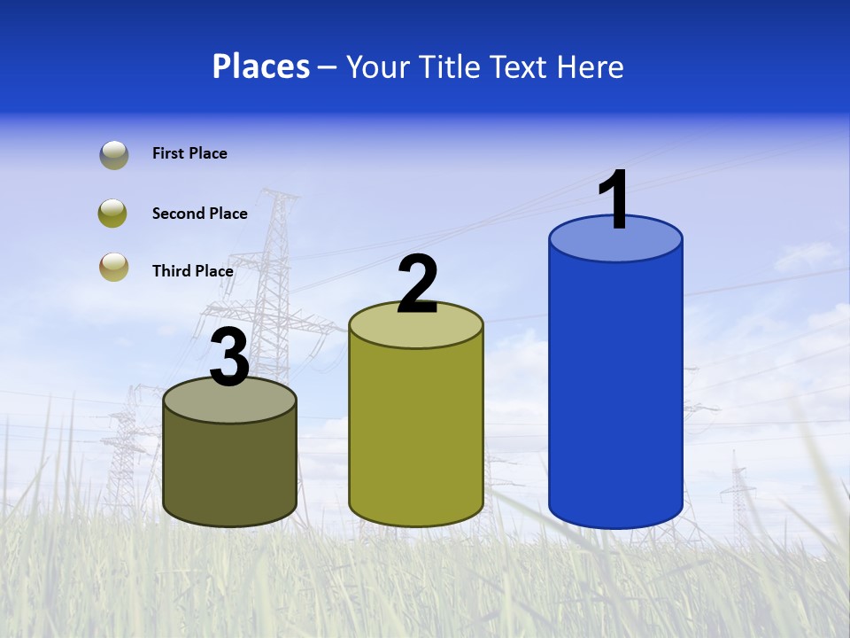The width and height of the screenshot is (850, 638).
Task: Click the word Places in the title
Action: pyautogui.click(x=261, y=66)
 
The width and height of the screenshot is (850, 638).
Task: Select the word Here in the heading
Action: pyautogui.click(x=590, y=66)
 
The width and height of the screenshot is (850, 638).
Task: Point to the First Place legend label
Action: pyautogui.click(x=189, y=153)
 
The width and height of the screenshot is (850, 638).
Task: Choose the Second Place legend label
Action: pyautogui.click(x=199, y=214)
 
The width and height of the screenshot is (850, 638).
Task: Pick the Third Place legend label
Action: pyautogui.click(x=192, y=271)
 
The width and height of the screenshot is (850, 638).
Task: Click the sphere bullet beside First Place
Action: pyautogui.click(x=114, y=155)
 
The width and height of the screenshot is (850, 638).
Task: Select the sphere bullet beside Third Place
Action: pyautogui.click(x=114, y=267)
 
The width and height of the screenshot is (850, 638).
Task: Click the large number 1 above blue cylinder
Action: pyautogui.click(x=614, y=201)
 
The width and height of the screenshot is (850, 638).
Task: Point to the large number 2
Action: pyautogui.click(x=417, y=285)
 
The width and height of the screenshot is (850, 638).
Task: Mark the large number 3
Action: pyautogui.click(x=229, y=357)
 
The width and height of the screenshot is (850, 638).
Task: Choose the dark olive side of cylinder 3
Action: pyautogui.click(x=229, y=470)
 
